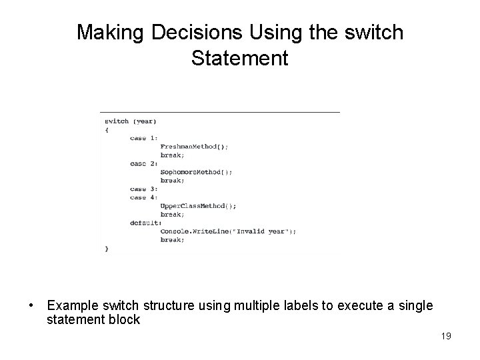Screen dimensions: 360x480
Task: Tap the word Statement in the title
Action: [239, 58]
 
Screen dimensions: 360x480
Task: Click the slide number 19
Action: [446, 335]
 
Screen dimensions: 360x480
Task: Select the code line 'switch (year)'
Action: [131, 121]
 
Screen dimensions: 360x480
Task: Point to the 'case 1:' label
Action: [144, 138]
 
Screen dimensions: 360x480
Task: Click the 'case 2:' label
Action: [144, 163]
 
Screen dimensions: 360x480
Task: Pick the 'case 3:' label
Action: [144, 189]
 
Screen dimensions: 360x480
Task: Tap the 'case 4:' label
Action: [144, 197]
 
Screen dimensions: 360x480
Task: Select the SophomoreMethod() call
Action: [196, 172]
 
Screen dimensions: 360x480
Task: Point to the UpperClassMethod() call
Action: [198, 206]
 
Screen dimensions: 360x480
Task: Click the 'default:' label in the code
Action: [146, 223]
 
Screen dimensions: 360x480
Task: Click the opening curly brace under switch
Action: [107, 129]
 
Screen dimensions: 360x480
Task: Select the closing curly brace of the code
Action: [107, 249]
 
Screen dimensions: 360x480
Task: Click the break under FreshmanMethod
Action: [172, 155]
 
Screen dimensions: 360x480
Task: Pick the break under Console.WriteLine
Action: [172, 240]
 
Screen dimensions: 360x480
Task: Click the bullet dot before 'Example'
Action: [32, 306]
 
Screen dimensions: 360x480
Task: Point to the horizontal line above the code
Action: [219, 111]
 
